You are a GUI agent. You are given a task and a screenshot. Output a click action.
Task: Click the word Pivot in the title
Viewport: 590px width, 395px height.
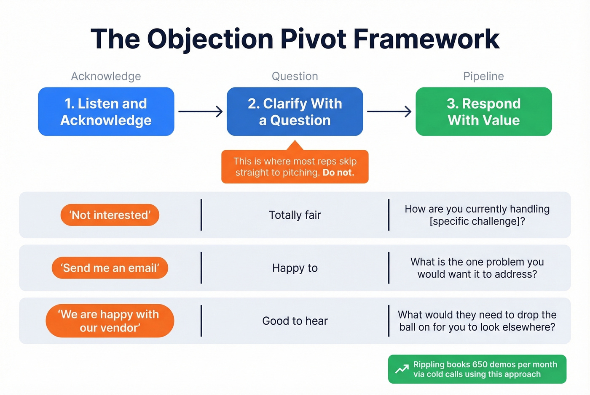314,40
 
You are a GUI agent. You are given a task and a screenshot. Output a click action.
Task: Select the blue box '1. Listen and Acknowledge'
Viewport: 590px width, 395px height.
106,111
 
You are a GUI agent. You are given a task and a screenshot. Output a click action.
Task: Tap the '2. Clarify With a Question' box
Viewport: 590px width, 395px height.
295,111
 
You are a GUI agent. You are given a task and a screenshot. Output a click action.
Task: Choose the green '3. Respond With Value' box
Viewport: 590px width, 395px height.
483,111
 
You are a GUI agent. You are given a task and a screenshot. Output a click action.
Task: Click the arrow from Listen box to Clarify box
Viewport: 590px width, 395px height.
201,111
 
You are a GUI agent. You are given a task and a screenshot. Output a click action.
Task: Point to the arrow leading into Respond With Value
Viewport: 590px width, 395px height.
389,111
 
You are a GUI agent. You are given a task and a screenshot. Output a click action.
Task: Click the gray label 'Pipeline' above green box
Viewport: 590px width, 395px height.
483,76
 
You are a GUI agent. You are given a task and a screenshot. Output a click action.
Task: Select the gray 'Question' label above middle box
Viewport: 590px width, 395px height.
295,76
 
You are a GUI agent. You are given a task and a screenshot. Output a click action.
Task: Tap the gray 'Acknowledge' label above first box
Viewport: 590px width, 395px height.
106,76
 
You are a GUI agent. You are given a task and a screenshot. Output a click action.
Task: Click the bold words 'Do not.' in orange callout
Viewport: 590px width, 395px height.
338,172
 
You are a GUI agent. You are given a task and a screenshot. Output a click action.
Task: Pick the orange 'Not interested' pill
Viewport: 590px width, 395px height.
110,215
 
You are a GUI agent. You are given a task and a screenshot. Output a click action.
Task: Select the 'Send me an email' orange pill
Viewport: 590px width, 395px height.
110,268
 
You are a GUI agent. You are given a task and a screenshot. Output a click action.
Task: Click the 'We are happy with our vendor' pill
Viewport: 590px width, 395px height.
110,321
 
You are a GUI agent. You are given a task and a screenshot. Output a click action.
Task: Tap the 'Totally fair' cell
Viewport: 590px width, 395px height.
295,215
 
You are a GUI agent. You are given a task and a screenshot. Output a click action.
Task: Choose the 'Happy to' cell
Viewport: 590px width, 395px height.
295,268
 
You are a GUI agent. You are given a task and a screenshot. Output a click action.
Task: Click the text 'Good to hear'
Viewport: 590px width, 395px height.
295,321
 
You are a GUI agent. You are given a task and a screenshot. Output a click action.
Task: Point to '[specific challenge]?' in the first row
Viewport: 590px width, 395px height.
477,221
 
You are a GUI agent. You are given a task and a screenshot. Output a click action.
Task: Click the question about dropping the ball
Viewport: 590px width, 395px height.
477,321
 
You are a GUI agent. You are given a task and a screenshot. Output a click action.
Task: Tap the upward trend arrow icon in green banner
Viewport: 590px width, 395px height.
402,369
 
